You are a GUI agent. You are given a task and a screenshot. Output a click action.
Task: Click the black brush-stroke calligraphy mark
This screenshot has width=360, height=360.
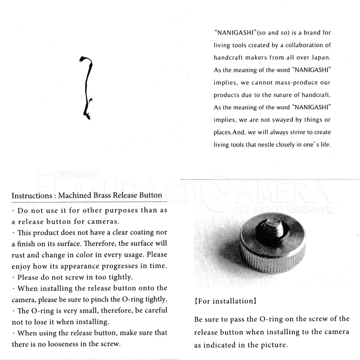tap(86, 88)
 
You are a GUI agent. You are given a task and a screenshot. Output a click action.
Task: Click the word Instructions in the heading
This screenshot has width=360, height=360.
tap(30, 196)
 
